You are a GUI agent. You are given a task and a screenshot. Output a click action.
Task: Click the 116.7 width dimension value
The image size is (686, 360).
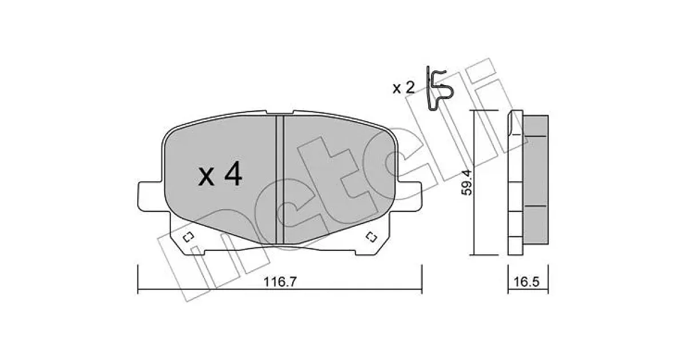pos(280,282)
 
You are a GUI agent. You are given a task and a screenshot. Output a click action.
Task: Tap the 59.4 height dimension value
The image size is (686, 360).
pos(467,182)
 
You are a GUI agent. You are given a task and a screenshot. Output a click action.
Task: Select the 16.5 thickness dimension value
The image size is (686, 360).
pos(526,282)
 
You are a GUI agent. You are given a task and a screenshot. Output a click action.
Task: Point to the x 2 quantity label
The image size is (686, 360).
pos(404,88)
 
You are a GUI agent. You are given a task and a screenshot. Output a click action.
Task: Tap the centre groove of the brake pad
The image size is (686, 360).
pos(280,179)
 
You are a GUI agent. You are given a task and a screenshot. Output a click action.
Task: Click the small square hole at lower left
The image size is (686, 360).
pos(188,237)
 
